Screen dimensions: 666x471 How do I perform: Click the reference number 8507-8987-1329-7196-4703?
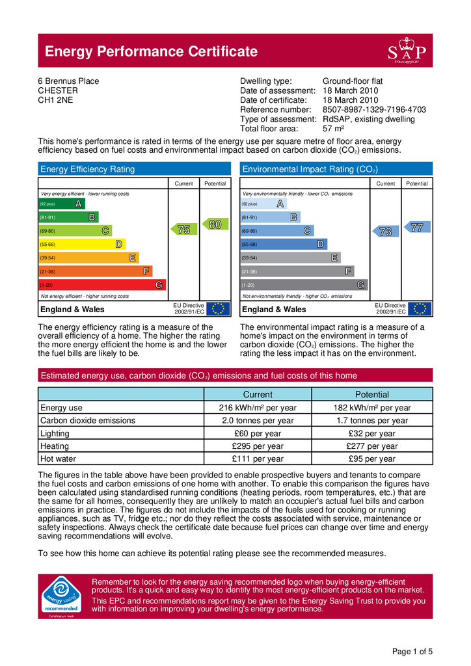coord(374,110)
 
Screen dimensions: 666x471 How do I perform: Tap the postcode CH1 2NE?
coord(56,101)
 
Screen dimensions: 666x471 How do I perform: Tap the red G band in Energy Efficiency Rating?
coord(101,285)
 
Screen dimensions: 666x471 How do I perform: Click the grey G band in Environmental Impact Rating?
coord(303,285)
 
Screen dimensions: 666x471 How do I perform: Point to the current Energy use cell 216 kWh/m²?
coord(258,408)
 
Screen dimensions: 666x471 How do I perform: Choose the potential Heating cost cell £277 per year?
coord(372,446)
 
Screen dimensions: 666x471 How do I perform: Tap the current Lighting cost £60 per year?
coord(258,434)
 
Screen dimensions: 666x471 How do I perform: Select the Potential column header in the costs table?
coord(372,395)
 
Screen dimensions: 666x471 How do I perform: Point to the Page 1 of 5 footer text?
coord(413,652)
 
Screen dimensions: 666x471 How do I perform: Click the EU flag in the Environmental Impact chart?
coord(418,309)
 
